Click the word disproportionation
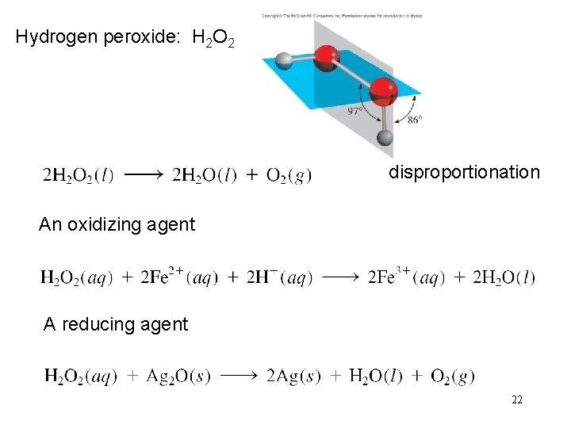coord(464,172)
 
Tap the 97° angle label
coord(355,111)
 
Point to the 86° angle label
coord(414,120)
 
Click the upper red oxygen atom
coord(325,58)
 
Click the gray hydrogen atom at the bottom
coord(385,138)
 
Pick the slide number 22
coord(516,400)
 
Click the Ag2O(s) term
coord(178,376)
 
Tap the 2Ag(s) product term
coord(294,376)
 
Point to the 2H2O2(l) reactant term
coord(78,175)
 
